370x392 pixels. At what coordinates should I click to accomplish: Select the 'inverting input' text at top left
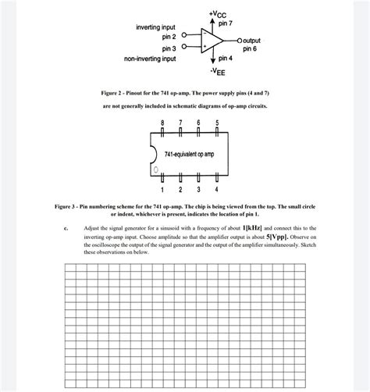click(x=155, y=27)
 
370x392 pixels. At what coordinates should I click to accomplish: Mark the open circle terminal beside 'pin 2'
click(x=184, y=36)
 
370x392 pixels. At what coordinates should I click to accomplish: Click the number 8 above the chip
click(x=162, y=123)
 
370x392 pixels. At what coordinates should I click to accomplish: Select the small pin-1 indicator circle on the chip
click(x=156, y=169)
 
